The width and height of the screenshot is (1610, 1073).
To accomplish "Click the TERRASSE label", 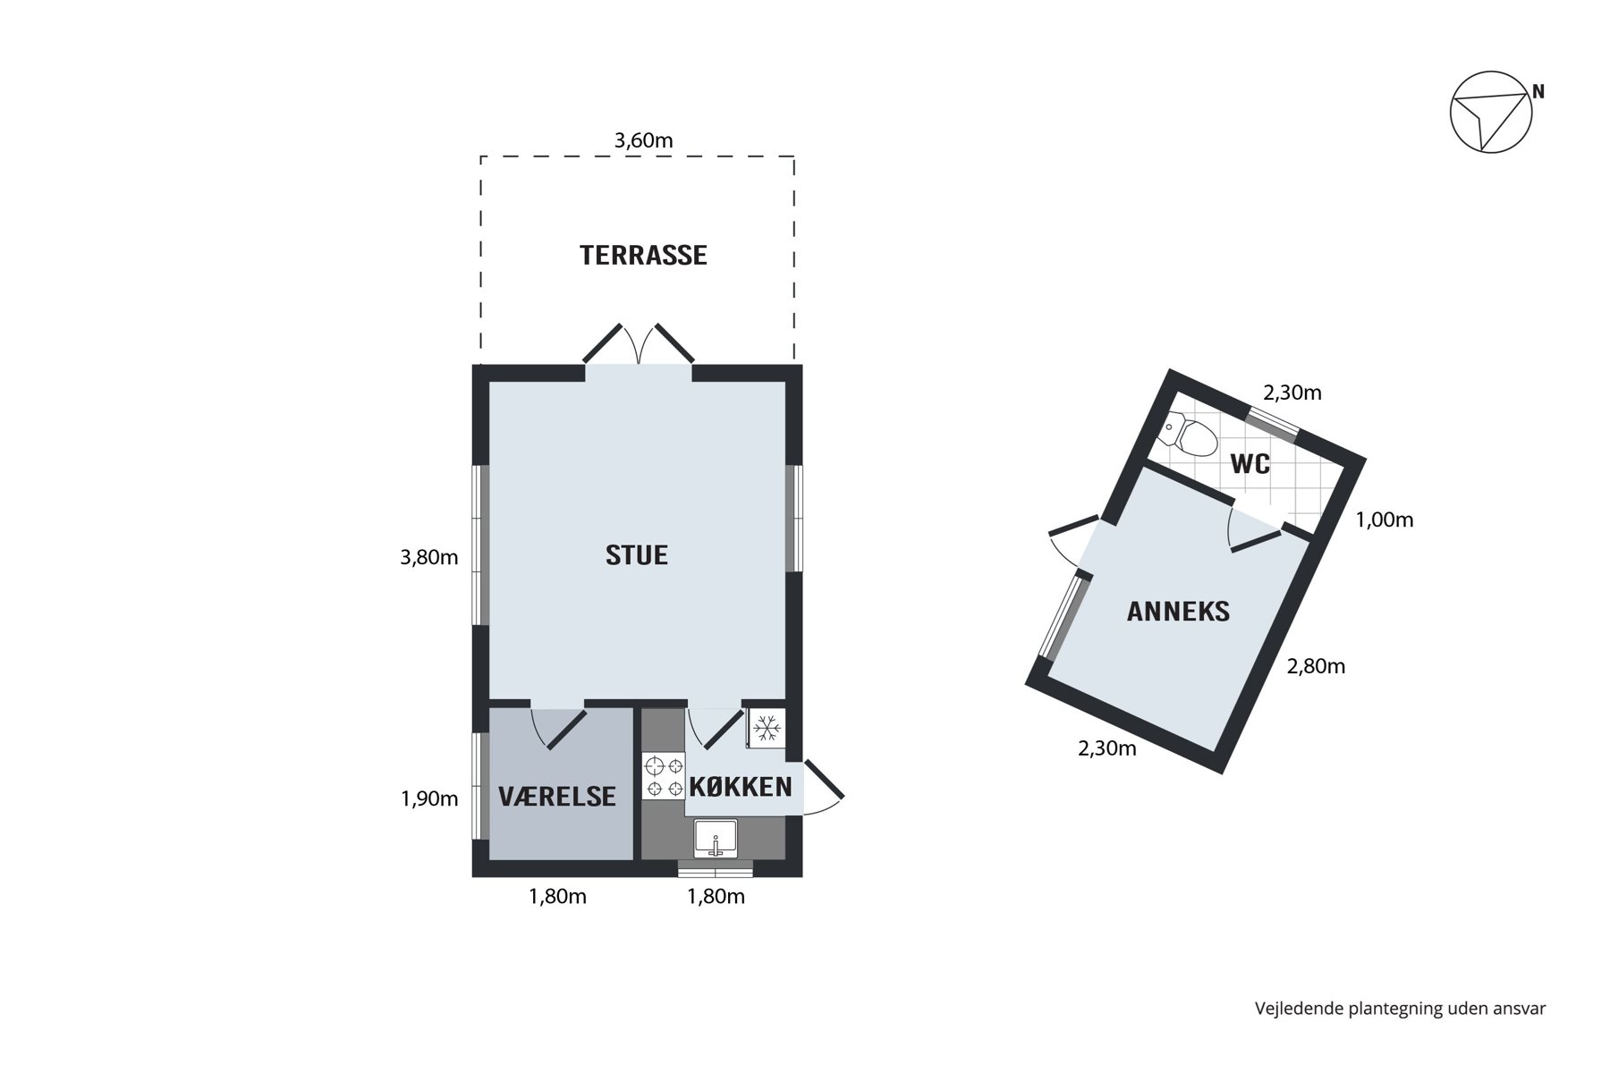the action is point(643,256).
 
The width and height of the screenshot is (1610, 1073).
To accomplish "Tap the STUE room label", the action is point(637,555).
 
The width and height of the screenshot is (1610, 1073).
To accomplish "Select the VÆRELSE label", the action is point(557,796).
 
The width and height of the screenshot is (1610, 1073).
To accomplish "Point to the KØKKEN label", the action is point(741,787).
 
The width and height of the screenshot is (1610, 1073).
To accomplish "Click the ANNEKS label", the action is point(1178,612).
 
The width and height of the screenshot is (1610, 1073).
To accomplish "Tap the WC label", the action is point(1250,464).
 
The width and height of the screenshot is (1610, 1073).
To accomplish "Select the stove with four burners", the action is point(664,776).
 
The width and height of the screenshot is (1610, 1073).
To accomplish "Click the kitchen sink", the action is point(716,839).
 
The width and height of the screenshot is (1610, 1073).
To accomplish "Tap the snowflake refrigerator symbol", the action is point(767,729).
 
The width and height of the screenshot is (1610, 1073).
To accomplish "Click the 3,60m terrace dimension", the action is point(643,140).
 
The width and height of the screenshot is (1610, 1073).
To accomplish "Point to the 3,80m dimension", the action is point(429,558).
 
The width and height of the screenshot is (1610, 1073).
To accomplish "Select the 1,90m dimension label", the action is point(429,798).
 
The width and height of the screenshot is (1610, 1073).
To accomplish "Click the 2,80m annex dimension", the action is point(1316,666).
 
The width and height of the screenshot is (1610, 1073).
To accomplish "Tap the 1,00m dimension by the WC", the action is point(1385,520).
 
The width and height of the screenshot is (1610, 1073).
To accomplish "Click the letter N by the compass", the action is point(1538,91).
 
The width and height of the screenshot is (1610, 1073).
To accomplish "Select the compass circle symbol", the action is point(1491,113).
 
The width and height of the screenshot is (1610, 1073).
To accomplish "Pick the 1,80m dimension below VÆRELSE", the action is point(557,896).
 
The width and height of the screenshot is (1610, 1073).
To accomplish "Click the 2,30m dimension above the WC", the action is point(1292,393).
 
